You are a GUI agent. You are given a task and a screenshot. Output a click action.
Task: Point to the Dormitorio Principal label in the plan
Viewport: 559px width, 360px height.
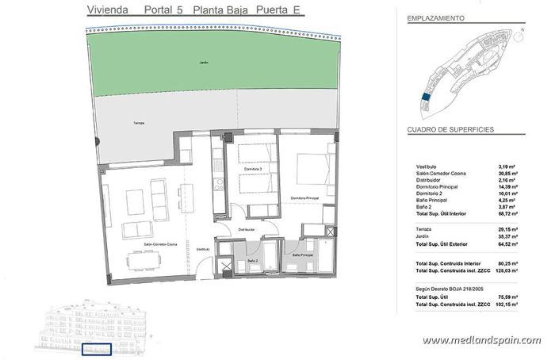point(304,197)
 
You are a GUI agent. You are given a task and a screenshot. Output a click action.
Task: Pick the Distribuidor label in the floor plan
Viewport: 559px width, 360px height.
point(246,229)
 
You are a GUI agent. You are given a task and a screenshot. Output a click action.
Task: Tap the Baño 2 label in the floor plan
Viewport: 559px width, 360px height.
point(253,261)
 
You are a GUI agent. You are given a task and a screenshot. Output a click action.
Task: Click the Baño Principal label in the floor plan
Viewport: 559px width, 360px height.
point(303,255)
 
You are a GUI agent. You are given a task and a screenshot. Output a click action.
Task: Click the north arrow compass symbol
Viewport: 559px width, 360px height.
point(524,33)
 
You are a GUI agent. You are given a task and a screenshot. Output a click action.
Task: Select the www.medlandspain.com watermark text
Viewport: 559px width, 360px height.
point(482,340)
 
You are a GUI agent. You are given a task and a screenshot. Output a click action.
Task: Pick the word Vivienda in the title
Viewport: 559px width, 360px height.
point(103,10)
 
